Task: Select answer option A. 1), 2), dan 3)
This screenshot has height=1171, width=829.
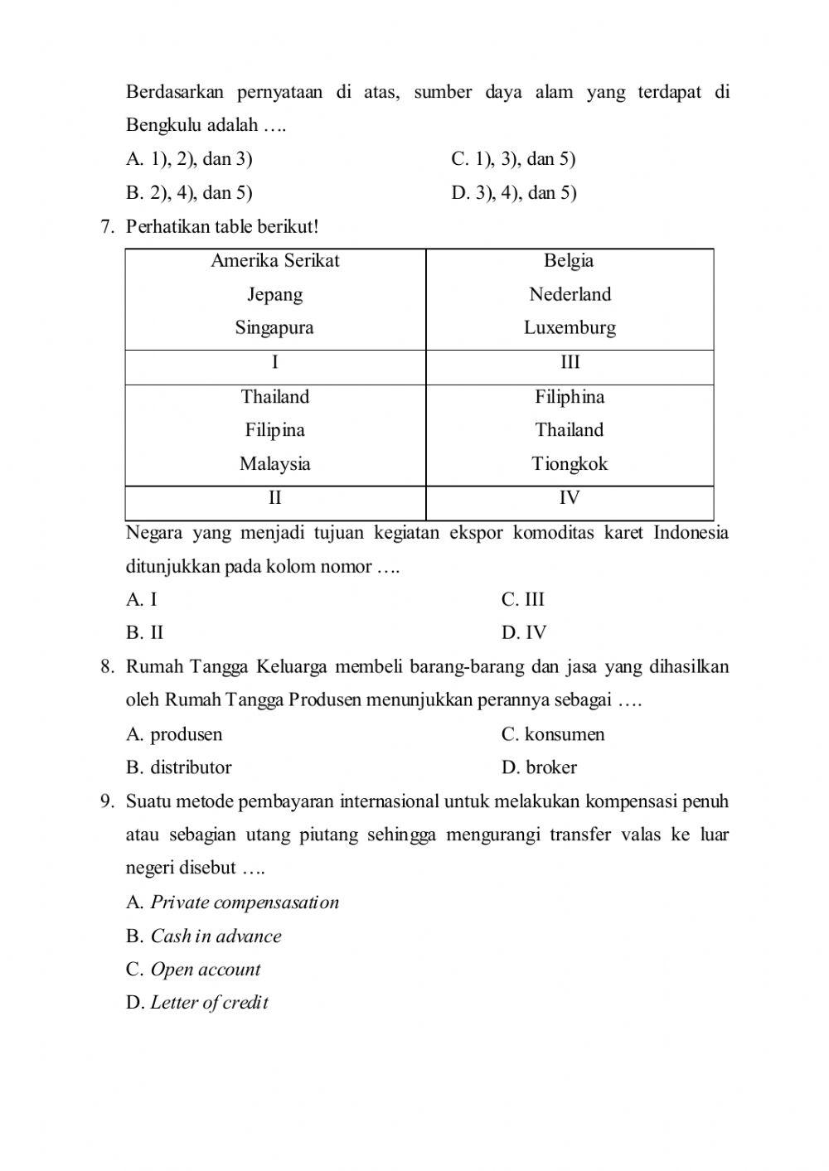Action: (189, 159)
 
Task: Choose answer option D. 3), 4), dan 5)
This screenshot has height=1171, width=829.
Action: (513, 193)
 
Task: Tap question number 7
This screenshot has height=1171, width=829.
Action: (106, 226)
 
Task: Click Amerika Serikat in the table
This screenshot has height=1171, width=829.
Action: (275, 260)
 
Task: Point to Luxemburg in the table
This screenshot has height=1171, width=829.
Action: (570, 327)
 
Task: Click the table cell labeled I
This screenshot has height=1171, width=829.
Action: (275, 362)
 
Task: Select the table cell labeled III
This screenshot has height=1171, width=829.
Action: (570, 362)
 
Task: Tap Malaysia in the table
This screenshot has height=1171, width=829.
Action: (275, 463)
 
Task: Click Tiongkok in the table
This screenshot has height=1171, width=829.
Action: (570, 463)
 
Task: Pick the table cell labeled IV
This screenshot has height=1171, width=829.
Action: (570, 498)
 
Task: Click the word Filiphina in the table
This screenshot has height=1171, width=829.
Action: (570, 396)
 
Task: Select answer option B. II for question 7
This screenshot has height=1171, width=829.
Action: (145, 633)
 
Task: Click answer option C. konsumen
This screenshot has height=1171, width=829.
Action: (552, 734)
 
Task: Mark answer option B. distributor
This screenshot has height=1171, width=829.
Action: (178, 767)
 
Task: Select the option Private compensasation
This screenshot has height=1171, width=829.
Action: (233, 902)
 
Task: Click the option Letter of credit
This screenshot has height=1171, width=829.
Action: (197, 1003)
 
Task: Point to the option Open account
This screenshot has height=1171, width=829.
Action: (193, 970)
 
